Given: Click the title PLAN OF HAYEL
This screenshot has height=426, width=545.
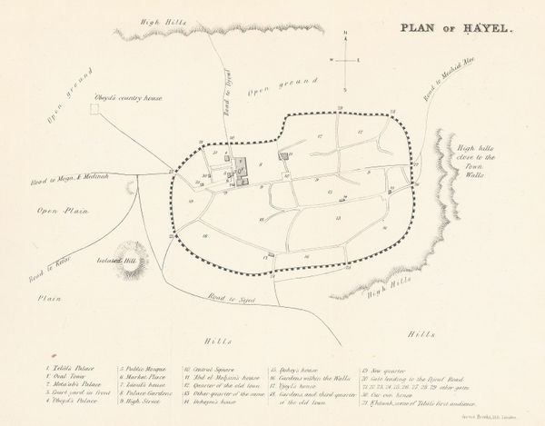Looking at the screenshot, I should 451,27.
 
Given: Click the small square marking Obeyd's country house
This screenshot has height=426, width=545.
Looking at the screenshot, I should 93,109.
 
